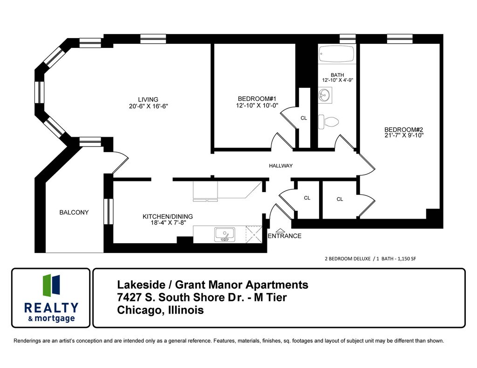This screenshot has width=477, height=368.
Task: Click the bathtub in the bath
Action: click(x=337, y=54)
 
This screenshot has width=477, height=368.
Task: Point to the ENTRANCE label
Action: click(x=285, y=236)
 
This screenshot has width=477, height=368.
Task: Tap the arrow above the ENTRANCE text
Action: click(x=280, y=230)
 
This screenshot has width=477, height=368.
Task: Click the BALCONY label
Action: click(x=74, y=212)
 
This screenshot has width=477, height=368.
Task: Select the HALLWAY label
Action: click(x=280, y=166)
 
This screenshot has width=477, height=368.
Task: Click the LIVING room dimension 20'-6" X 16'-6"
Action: click(x=148, y=106)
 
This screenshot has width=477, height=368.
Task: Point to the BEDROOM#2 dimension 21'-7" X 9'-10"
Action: click(x=403, y=136)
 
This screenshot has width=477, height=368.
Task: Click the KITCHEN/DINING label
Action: click(x=167, y=216)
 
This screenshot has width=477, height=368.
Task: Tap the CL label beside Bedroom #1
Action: click(x=304, y=118)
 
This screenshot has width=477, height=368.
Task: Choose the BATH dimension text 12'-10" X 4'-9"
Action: click(x=337, y=80)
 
